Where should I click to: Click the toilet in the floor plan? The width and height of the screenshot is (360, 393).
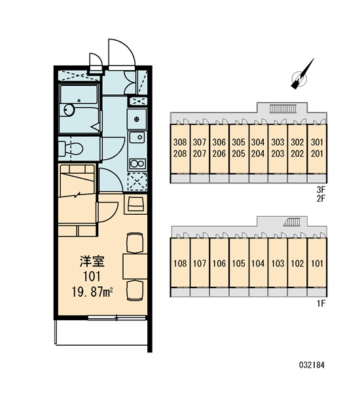point(71,149)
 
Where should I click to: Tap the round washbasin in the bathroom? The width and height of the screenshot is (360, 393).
point(69,109)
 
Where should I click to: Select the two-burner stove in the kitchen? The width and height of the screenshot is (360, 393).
point(137,164)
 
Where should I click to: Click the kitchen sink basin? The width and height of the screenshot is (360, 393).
point(137,137)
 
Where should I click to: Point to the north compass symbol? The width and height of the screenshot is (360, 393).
point(301,75)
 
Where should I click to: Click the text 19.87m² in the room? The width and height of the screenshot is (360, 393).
point(92,291)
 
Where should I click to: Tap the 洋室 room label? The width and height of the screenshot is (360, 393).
point(92,261)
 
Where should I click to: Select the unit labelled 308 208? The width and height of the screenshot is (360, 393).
point(180,149)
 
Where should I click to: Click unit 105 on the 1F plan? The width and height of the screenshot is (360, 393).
point(238,263)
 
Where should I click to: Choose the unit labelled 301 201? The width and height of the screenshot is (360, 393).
point(317,149)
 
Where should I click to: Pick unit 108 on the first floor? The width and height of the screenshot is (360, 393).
point(180,263)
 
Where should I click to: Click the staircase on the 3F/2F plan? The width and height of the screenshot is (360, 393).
point(282,109)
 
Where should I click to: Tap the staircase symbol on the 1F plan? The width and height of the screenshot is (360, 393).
point(292,222)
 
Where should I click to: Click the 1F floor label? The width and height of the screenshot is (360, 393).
point(321,303)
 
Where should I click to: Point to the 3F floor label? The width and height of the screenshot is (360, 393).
point(321,190)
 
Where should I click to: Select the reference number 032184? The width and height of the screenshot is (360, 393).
point(312,365)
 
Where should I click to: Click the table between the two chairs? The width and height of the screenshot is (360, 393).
point(135,267)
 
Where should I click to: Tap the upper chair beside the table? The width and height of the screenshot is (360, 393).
point(135,243)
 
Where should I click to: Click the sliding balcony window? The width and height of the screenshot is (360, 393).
point(117,318)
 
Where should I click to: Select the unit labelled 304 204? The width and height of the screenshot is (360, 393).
point(258,149)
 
